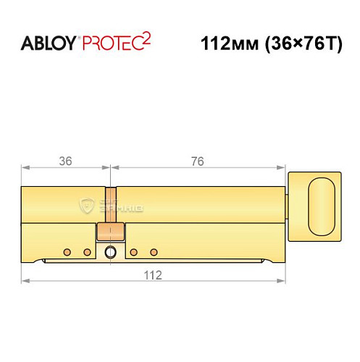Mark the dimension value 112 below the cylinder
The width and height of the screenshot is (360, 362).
(x=151, y=274)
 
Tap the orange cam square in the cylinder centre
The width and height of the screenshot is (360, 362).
(x=110, y=232)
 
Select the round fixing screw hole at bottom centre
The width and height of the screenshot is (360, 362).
(x=110, y=252)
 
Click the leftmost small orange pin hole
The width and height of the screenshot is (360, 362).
(x=67, y=252)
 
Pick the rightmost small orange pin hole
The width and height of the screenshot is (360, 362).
(x=154, y=252)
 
